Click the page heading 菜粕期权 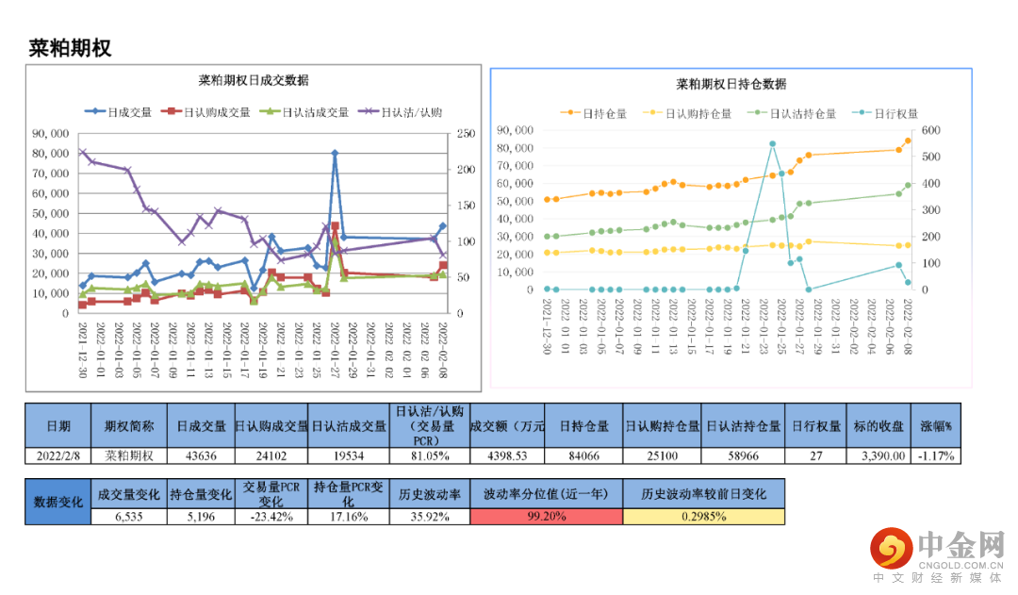(71, 48)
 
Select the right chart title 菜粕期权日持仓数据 (731, 84)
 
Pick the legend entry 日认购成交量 (205, 111)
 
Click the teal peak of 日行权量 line (772, 144)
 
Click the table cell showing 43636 (199, 455)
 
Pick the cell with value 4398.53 (509, 455)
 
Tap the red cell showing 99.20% (548, 516)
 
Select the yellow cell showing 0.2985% (703, 516)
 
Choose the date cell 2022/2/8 (58, 455)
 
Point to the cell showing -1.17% (936, 455)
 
